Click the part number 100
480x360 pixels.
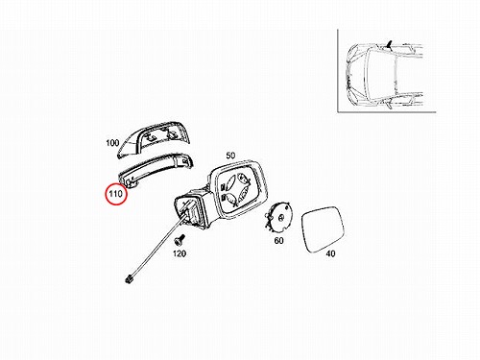pos(112,143)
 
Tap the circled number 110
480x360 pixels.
pos(116,194)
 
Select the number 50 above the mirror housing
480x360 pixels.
pos(230,156)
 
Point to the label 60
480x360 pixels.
pos(278,240)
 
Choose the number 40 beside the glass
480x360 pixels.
pos(330,253)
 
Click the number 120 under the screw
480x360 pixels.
pos(180,253)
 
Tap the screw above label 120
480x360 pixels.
pos(180,239)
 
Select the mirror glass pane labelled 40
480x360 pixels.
pos(323,229)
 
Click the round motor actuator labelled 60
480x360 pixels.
pos(277,218)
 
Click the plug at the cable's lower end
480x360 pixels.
pos(130,278)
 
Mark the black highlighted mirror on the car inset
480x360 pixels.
pos(389,44)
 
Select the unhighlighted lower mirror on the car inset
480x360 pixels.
pos(388,104)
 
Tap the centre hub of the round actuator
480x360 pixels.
pos(280,218)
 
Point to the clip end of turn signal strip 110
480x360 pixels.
pos(131,183)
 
